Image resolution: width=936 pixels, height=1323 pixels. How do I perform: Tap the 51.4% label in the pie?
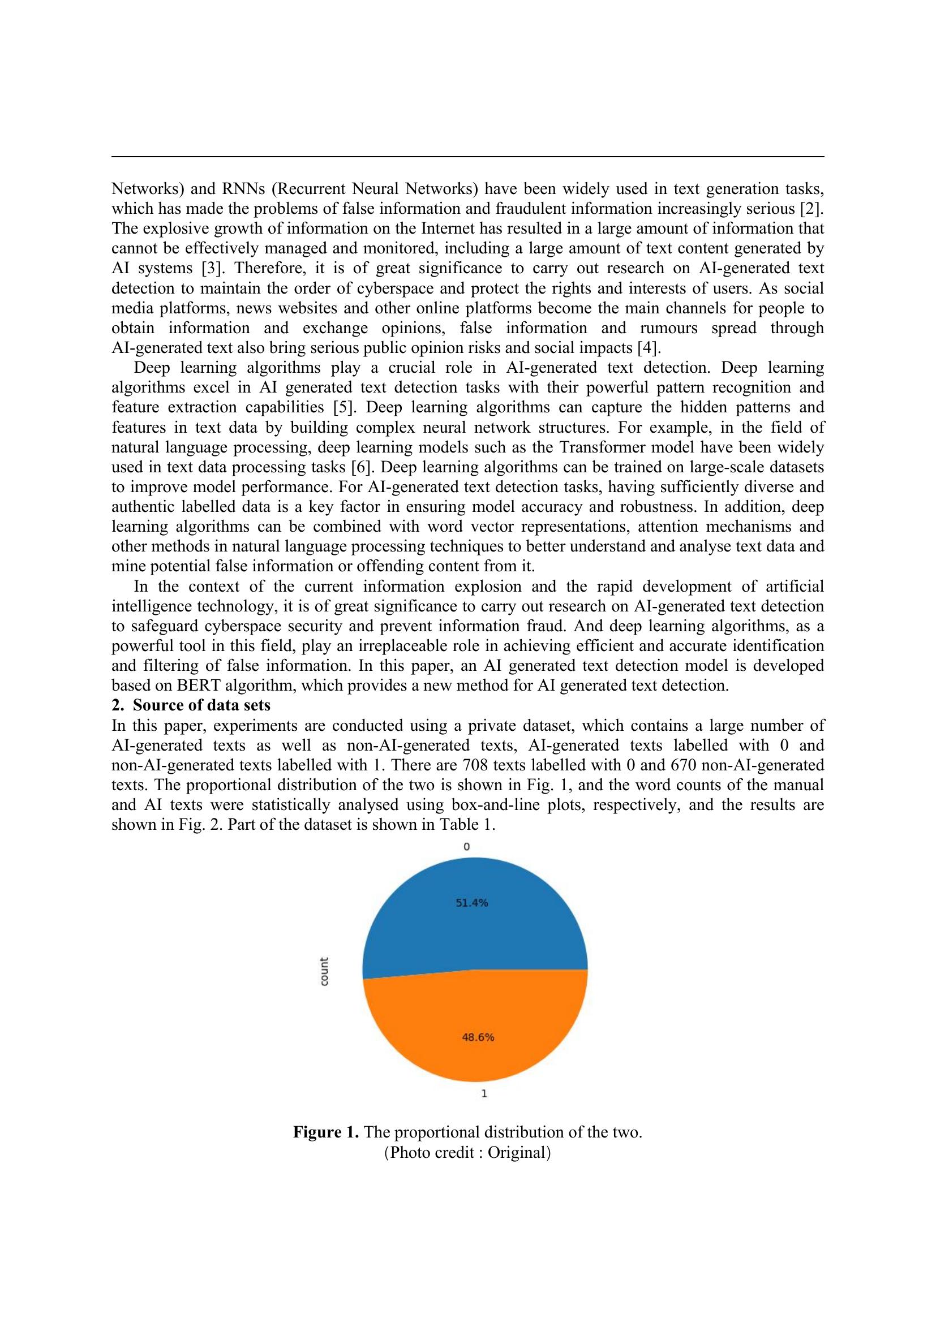point(471,903)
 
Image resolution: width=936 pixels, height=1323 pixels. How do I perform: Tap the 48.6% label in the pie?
point(478,1037)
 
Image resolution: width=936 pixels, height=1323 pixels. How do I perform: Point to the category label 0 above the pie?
point(467,847)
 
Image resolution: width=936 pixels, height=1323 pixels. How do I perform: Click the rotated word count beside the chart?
point(324,972)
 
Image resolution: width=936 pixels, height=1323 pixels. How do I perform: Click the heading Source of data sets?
point(201,705)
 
